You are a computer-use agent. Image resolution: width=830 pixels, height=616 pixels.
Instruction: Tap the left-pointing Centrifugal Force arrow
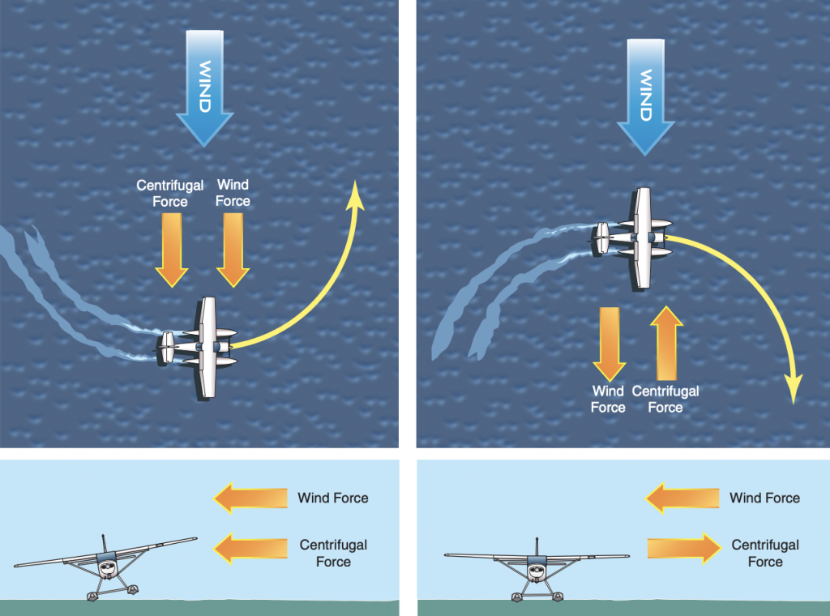251,548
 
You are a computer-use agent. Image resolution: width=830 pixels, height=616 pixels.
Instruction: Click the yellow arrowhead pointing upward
355,195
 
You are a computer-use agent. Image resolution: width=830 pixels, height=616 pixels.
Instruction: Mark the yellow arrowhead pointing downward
794,391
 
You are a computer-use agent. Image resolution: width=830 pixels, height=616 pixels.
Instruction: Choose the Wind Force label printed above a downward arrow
233,194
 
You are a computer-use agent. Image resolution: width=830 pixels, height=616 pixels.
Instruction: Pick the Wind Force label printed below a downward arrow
608,400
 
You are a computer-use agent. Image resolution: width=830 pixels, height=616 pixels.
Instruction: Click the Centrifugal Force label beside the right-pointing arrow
764,553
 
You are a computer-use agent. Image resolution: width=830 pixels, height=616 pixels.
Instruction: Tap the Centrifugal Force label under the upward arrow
665,400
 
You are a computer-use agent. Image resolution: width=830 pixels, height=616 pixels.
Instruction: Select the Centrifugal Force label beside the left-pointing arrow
333,553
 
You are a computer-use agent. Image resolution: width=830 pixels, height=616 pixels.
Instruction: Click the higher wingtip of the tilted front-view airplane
195,539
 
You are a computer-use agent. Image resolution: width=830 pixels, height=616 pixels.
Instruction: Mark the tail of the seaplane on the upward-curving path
167,347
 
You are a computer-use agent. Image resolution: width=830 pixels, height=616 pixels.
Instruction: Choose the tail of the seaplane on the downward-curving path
601,237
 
